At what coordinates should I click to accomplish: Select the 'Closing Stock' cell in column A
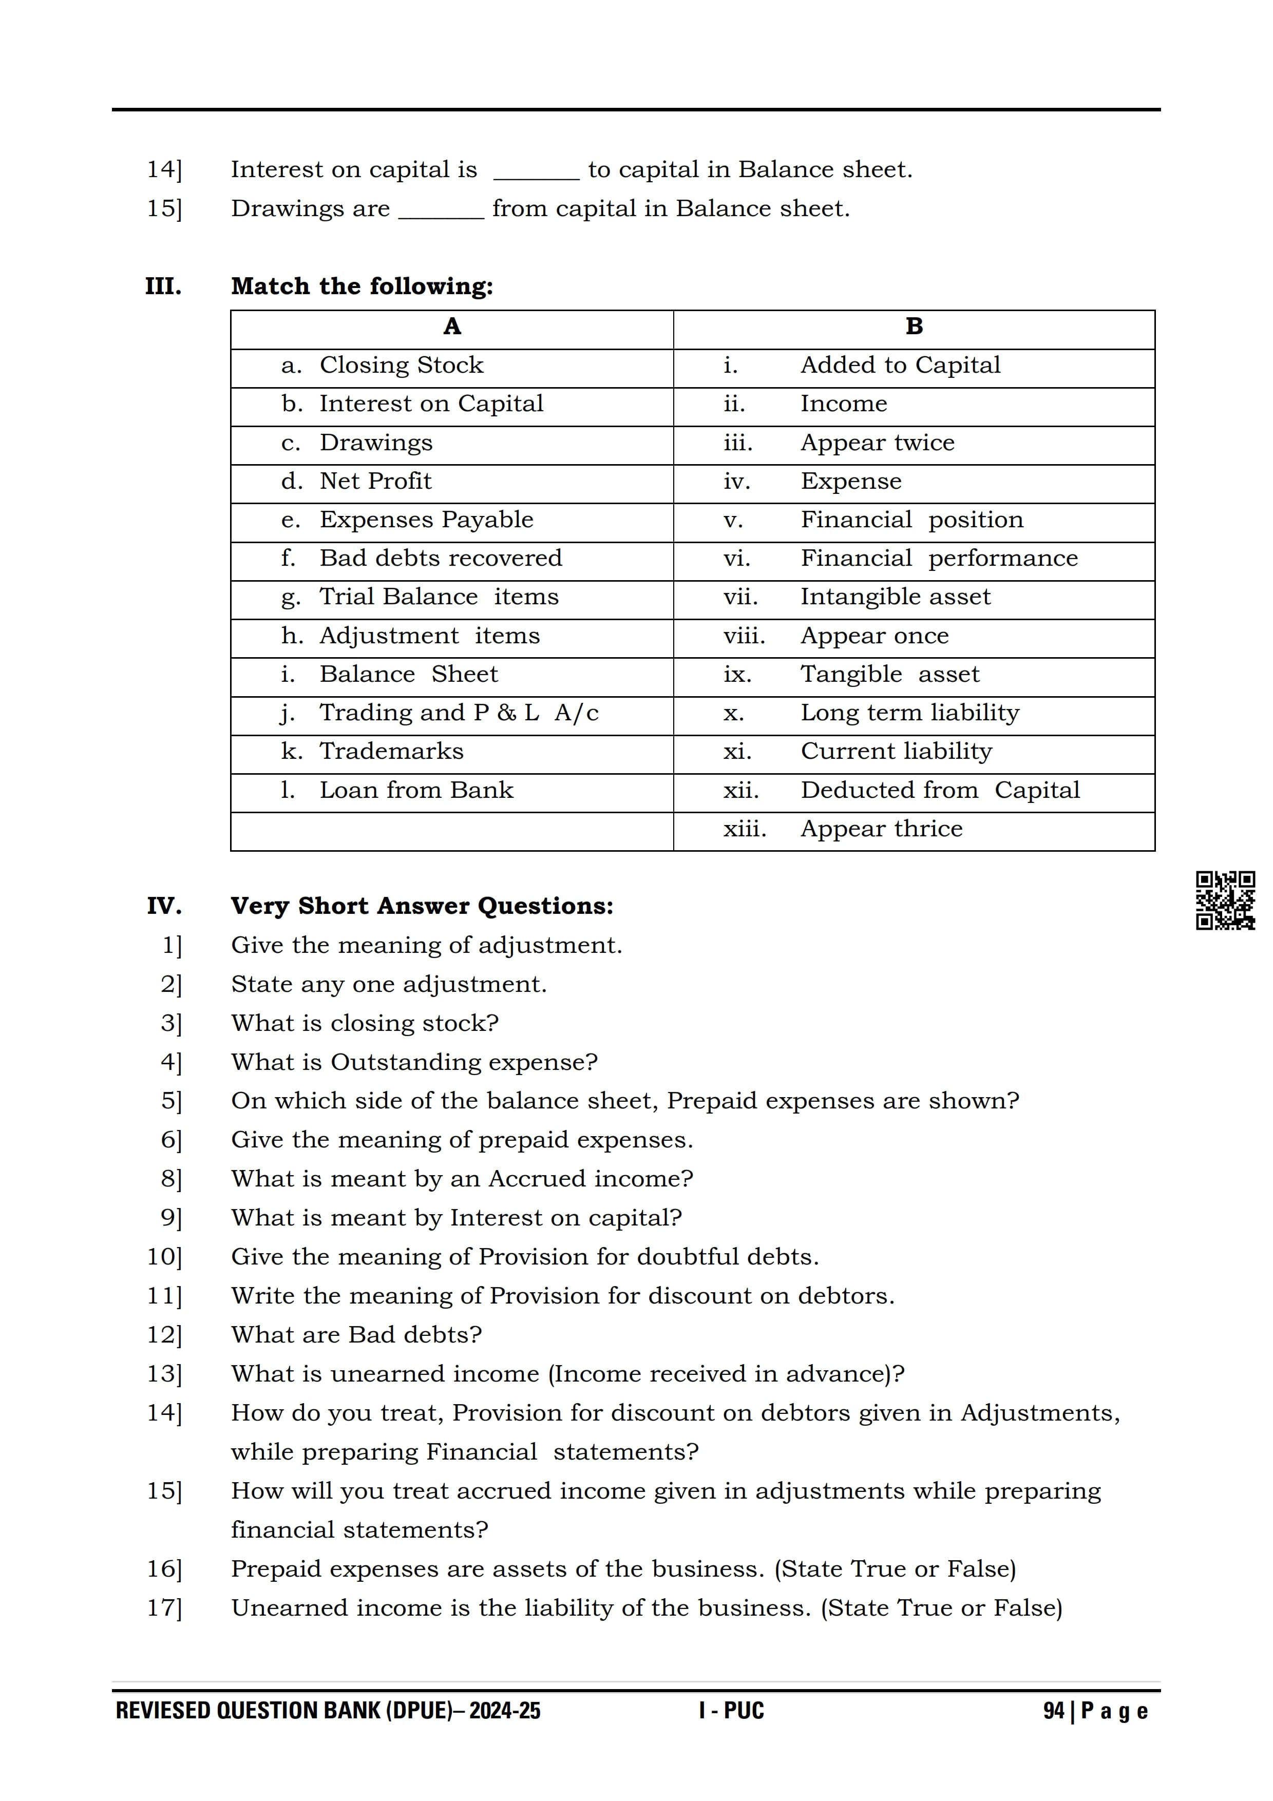tap(401, 366)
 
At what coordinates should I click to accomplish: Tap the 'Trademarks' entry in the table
tap(391, 752)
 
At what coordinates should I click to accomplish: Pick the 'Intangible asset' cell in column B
tap(895, 597)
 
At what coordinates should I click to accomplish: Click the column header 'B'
tap(914, 327)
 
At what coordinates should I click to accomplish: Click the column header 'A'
tap(452, 327)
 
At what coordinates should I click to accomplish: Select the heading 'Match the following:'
tap(362, 286)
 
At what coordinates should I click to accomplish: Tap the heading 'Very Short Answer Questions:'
tap(422, 906)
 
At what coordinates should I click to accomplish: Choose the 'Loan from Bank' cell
tap(416, 790)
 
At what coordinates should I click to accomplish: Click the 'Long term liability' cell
tap(910, 713)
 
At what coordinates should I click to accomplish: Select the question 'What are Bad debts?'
tap(356, 1335)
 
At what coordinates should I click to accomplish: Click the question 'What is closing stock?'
tap(365, 1024)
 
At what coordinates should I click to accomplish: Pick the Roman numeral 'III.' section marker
tap(163, 286)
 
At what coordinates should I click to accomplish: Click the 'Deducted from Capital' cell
tap(940, 790)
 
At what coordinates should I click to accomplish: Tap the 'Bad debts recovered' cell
tap(440, 559)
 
